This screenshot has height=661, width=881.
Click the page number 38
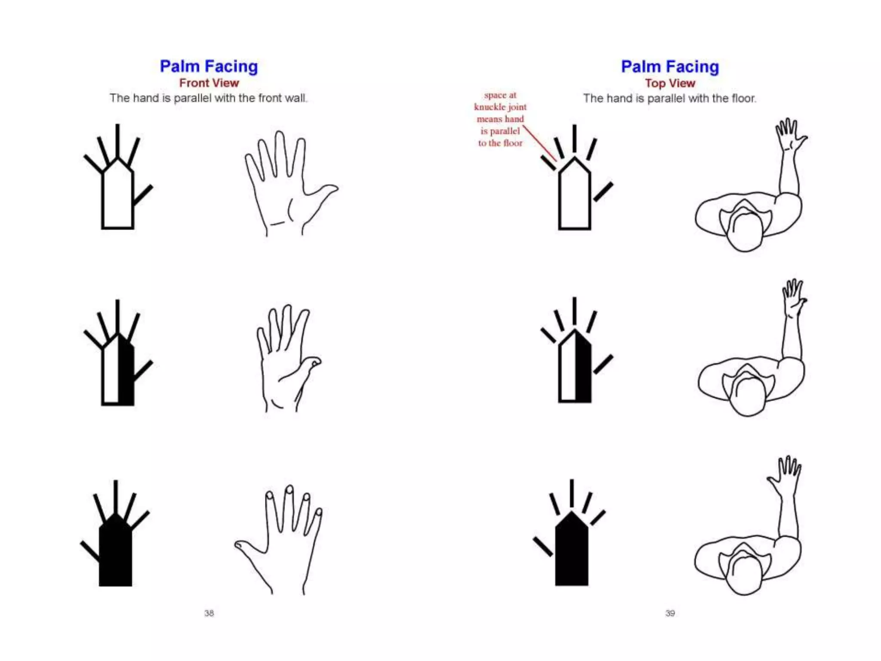(209, 613)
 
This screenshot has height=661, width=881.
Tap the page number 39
(670, 613)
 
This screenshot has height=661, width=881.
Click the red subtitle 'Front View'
(209, 83)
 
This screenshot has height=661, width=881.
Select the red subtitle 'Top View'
(670, 83)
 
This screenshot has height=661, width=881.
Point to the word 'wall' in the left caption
(296, 98)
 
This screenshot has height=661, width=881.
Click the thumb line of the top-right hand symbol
(603, 192)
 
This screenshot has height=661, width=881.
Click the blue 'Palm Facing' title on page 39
(670, 66)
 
